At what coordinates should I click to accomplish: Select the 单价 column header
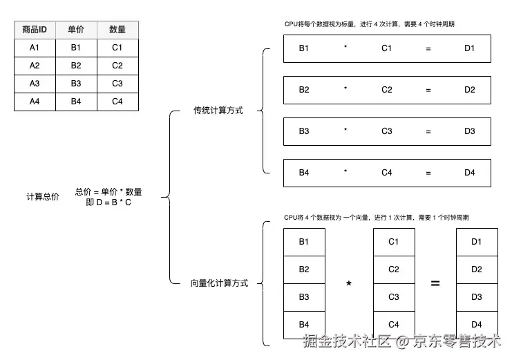(75, 30)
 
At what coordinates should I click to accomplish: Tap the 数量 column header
(117, 30)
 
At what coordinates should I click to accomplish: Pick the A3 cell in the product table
(35, 84)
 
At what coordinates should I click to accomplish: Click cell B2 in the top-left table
(75, 66)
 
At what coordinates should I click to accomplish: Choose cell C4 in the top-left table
(117, 102)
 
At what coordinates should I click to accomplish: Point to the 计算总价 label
(43, 197)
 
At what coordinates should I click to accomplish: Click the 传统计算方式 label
(218, 111)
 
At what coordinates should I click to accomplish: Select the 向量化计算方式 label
(219, 283)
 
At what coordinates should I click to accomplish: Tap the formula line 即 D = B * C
(108, 202)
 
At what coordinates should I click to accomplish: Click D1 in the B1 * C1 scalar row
(470, 48)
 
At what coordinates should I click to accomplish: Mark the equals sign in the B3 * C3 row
(428, 131)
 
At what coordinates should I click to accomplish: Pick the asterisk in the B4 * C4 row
(345, 173)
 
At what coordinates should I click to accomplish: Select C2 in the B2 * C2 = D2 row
(387, 90)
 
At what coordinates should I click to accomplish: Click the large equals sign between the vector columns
(435, 283)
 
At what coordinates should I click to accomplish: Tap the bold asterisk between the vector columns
(348, 284)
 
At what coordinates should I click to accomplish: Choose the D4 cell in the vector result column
(477, 324)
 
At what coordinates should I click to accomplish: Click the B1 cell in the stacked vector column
(304, 242)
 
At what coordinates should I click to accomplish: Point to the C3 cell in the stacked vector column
(394, 297)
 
